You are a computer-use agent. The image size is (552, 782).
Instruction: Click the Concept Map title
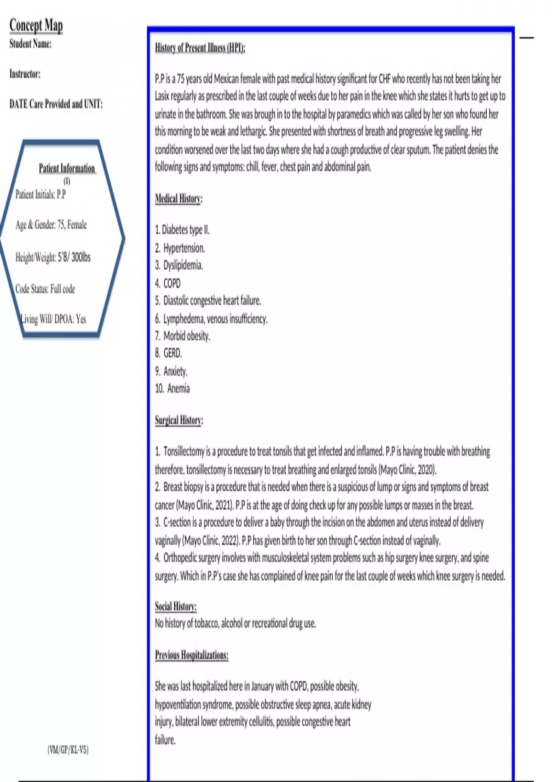(x=36, y=25)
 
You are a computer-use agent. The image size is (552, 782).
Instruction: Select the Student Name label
(x=30, y=44)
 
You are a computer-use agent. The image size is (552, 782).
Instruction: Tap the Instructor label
(x=25, y=74)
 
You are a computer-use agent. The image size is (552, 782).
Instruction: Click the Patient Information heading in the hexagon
(x=67, y=168)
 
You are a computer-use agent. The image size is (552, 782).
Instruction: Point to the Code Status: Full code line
(x=45, y=289)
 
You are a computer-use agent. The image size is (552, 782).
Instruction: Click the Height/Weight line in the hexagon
(x=53, y=257)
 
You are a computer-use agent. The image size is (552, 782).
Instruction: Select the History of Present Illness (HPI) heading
(x=200, y=48)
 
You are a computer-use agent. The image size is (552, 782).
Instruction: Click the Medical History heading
(x=178, y=199)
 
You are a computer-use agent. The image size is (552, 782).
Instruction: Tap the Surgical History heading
(x=179, y=420)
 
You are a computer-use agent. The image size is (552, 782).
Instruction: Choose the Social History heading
(x=175, y=606)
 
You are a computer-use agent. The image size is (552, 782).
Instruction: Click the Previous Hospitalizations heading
(x=191, y=655)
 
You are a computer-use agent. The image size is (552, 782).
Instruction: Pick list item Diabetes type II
(x=182, y=230)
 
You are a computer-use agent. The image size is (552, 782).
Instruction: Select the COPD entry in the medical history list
(x=168, y=283)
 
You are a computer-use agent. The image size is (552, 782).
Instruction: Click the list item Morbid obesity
(x=183, y=336)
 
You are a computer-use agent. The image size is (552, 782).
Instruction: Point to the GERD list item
(x=168, y=353)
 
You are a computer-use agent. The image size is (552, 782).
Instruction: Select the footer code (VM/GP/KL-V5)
(x=68, y=749)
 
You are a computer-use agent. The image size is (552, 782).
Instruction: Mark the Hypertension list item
(x=180, y=248)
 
